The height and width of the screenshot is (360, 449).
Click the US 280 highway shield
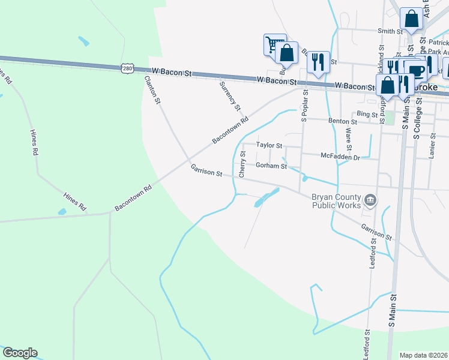(127, 68)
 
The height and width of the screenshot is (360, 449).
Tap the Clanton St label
(152, 90)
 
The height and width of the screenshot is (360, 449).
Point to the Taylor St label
(269, 145)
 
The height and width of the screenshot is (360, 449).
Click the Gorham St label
(271, 165)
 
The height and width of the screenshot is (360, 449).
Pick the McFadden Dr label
(340, 157)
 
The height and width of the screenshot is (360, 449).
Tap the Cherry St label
(243, 164)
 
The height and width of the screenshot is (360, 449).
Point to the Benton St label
(342, 121)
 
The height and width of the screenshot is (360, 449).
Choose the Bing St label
(366, 113)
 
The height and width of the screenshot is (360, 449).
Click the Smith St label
(389, 31)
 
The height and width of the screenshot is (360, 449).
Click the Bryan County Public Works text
(336, 201)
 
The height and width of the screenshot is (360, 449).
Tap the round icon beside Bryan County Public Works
(370, 199)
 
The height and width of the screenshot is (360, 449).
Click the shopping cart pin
(274, 43)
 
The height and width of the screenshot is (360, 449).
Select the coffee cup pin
(417, 71)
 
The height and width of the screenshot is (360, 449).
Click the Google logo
(19, 353)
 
